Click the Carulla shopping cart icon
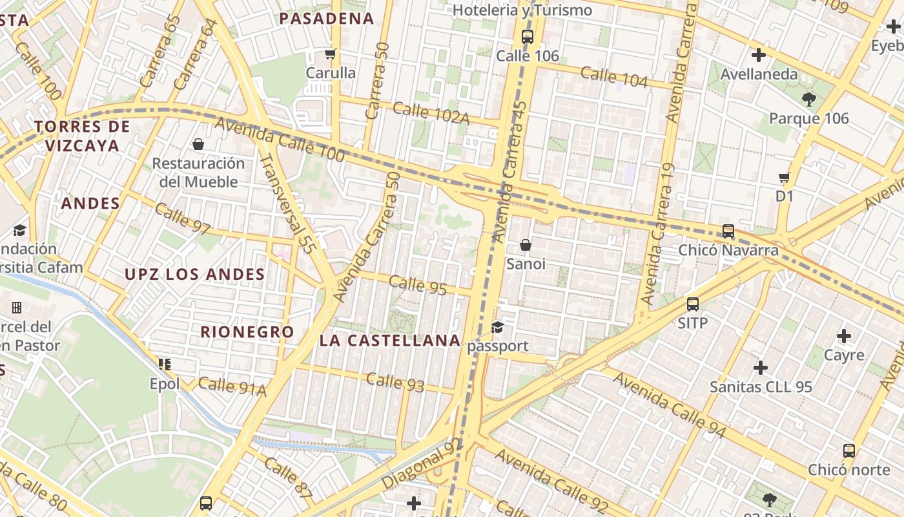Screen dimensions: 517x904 click(x=331, y=54)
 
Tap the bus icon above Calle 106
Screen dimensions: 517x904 click(x=528, y=36)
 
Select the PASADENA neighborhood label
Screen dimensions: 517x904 click(x=327, y=19)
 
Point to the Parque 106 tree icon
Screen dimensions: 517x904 click(x=808, y=99)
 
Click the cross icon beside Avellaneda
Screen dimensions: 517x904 click(x=759, y=55)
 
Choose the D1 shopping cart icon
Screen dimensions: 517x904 click(x=785, y=176)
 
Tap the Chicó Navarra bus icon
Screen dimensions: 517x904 click(x=728, y=231)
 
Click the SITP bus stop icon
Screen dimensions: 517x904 click(x=693, y=304)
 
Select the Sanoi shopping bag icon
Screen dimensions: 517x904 click(x=526, y=245)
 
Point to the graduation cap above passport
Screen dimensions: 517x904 click(x=497, y=327)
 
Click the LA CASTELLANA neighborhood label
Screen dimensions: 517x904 click(x=390, y=341)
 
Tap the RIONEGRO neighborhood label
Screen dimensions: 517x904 click(x=247, y=332)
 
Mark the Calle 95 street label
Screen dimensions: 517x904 click(x=418, y=284)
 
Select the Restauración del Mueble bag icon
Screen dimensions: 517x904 click(x=198, y=143)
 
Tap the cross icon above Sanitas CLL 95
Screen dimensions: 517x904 click(x=761, y=368)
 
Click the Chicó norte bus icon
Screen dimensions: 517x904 click(x=849, y=450)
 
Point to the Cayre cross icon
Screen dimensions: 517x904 click(x=844, y=336)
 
